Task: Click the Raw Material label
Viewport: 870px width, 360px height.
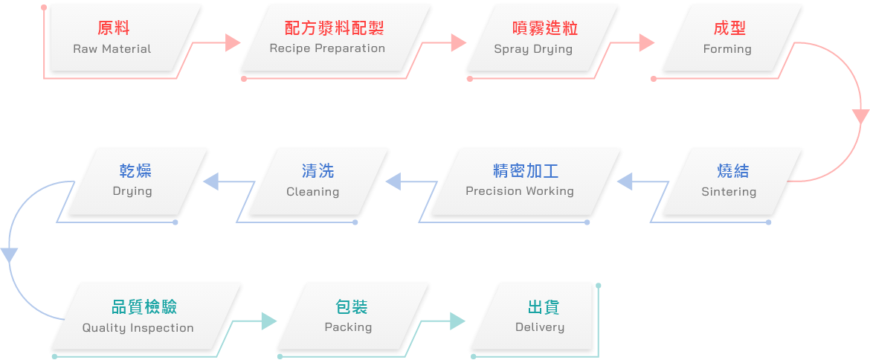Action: pyautogui.click(x=112, y=49)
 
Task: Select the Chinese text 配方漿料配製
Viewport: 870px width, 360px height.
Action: pyautogui.click(x=334, y=28)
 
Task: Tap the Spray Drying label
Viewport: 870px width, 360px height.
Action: pyautogui.click(x=533, y=49)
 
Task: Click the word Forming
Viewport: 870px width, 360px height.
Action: pyautogui.click(x=727, y=49)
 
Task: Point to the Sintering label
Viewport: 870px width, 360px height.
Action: pyautogui.click(x=729, y=192)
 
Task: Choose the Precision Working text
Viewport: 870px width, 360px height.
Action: pyautogui.click(x=520, y=191)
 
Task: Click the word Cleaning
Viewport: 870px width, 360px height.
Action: pyautogui.click(x=312, y=192)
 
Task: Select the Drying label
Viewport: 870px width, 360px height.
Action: pyautogui.click(x=132, y=191)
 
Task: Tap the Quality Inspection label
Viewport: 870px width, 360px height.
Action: pyautogui.click(x=138, y=328)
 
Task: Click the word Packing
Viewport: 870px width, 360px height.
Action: pyautogui.click(x=348, y=327)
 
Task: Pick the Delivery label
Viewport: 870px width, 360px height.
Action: pyautogui.click(x=540, y=327)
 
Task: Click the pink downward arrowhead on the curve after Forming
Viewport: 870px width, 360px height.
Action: pyautogui.click(x=860, y=117)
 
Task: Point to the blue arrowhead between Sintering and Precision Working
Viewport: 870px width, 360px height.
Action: pyautogui.click(x=625, y=181)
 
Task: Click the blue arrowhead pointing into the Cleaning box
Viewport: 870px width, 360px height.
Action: pyautogui.click(x=393, y=181)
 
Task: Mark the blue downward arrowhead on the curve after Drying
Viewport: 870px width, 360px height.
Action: pyautogui.click(x=9, y=254)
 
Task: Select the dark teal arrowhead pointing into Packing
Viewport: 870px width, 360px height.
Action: pyautogui.click(x=268, y=321)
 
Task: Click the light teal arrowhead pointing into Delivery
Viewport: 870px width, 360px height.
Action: pyautogui.click(x=457, y=321)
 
